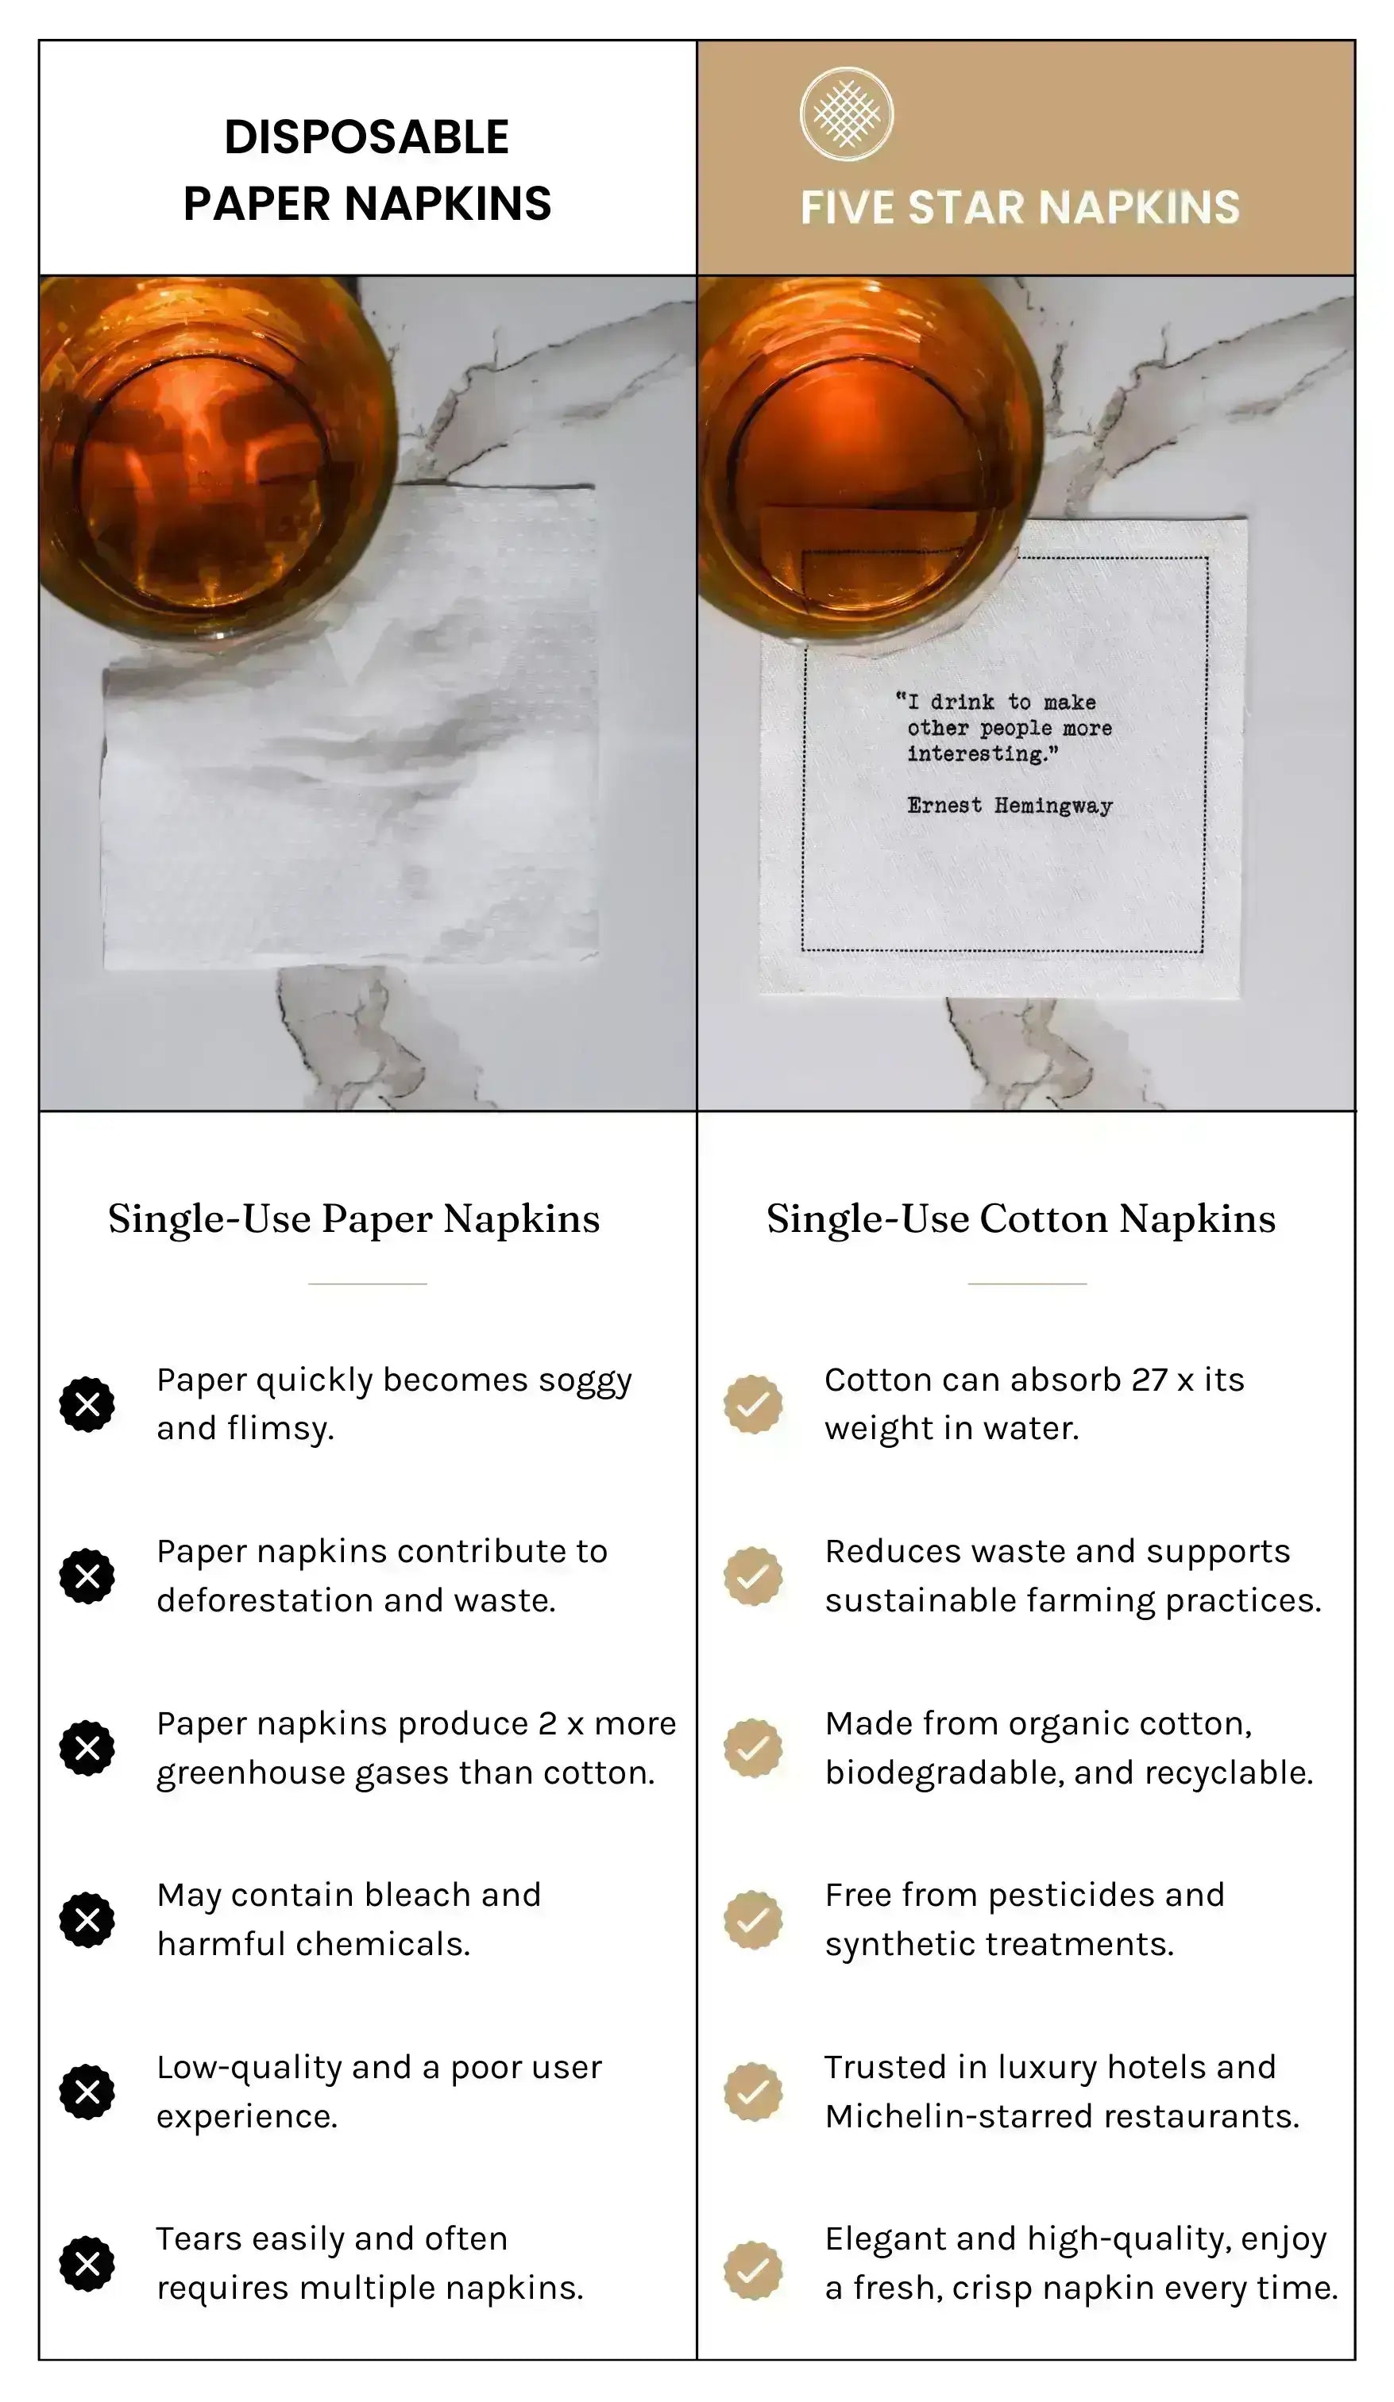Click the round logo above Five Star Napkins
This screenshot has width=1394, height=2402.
tap(846, 114)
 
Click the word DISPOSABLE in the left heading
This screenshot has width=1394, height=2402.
tap(366, 137)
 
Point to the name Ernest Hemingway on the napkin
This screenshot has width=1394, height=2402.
tap(1009, 806)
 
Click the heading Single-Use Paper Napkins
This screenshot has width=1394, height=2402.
tap(353, 1219)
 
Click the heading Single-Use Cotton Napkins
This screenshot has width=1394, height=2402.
tap(1020, 1219)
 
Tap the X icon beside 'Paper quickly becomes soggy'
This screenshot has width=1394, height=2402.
tap(87, 1404)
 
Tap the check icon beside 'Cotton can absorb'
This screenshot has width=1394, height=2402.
tap(752, 1404)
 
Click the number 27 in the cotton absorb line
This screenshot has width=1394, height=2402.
tap(1149, 1380)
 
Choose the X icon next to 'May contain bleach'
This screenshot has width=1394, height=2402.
tap(87, 1919)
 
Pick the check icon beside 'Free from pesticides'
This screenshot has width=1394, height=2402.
tap(752, 1919)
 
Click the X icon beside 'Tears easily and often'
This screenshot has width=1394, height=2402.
tap(87, 2264)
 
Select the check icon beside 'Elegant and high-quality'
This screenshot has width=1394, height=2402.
tap(752, 2270)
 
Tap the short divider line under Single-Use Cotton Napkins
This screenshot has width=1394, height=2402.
tap(1027, 1284)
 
